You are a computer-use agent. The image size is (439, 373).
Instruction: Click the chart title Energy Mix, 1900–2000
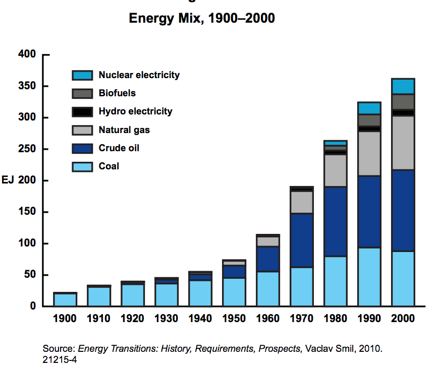click(202, 19)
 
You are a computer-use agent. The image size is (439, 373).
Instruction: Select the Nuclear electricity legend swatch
click(82, 75)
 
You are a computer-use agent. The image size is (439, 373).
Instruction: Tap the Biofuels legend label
click(117, 93)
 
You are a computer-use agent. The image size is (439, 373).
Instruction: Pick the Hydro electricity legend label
click(135, 111)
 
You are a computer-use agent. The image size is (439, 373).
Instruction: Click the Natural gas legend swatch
click(82, 130)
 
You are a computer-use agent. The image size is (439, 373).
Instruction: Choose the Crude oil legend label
click(119, 148)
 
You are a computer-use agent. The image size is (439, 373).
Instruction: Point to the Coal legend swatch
click(82, 166)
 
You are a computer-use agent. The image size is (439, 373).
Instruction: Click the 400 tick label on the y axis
click(28, 54)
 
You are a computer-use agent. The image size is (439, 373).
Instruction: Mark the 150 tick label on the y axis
click(28, 212)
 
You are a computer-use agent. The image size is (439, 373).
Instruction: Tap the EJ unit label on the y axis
click(7, 181)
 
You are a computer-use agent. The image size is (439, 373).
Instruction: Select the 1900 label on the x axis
click(65, 319)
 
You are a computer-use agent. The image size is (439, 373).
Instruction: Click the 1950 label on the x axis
click(234, 319)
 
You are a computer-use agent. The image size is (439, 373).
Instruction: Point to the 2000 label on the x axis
click(403, 319)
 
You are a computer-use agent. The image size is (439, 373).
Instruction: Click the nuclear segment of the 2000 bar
click(403, 87)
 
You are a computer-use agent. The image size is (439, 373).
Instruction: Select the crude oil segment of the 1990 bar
click(369, 212)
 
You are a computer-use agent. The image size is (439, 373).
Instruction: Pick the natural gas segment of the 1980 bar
click(335, 171)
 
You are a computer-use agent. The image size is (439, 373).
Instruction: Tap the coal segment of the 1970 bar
click(301, 286)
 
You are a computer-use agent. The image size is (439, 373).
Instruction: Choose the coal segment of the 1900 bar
click(65, 299)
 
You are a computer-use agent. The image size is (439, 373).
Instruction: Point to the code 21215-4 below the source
click(60, 359)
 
